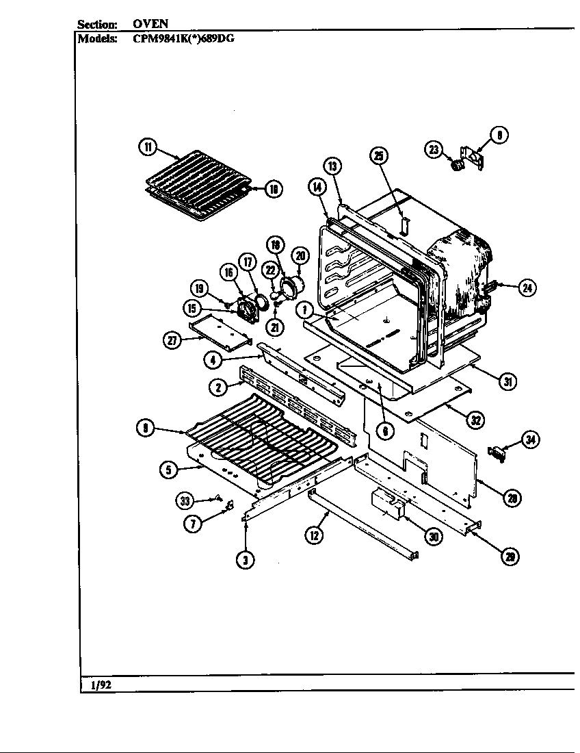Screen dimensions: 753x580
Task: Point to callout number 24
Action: click(527, 288)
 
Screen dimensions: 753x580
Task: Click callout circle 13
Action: click(332, 166)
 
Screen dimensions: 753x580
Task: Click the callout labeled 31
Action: click(506, 382)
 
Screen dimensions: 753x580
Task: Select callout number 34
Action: click(530, 440)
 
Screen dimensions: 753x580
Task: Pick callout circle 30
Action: click(432, 536)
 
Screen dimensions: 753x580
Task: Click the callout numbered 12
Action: click(314, 535)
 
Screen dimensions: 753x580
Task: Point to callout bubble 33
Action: click(185, 501)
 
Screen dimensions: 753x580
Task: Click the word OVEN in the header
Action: click(155, 23)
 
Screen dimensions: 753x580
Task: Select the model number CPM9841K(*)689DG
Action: click(183, 38)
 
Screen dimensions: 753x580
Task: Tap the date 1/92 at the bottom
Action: click(100, 683)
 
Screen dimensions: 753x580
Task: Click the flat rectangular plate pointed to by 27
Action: click(220, 329)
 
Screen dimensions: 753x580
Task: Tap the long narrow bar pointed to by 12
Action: click(362, 527)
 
